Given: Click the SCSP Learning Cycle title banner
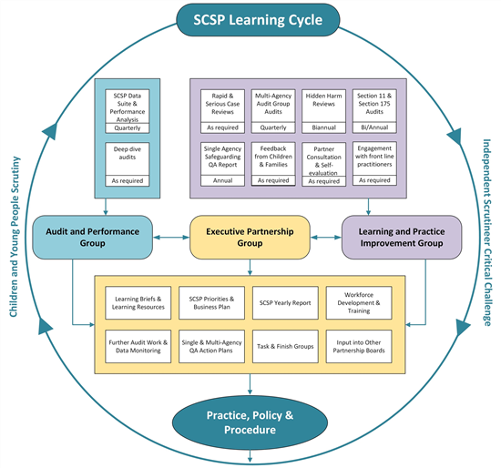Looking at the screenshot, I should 250,20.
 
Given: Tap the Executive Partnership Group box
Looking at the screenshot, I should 250,237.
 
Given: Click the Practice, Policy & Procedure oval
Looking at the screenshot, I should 250,422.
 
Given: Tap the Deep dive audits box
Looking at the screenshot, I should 127,152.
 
